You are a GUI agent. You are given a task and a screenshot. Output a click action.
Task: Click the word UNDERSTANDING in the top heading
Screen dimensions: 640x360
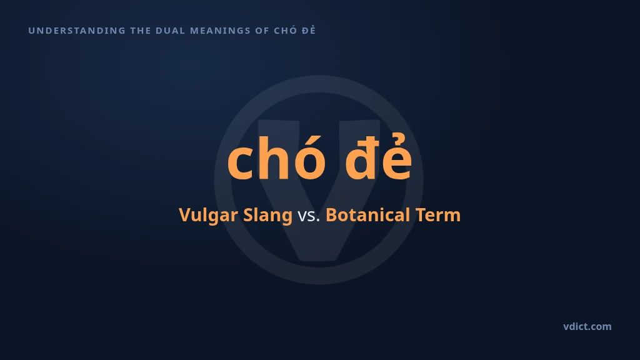(x=77, y=31)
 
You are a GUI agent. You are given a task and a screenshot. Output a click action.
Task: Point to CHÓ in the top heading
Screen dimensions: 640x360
(x=286, y=30)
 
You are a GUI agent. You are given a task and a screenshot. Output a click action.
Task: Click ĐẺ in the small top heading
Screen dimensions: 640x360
(x=309, y=30)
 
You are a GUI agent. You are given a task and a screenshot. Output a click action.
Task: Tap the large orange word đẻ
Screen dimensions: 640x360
(x=378, y=156)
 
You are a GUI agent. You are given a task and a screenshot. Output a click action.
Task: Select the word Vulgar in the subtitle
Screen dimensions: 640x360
(x=208, y=216)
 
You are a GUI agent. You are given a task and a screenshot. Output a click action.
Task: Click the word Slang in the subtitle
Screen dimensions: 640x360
(x=267, y=216)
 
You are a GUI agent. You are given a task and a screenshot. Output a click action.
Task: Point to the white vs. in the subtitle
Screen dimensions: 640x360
(x=309, y=216)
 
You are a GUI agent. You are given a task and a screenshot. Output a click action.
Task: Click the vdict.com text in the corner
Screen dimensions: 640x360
(x=587, y=326)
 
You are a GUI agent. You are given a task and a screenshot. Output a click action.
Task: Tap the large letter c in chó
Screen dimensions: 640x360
(x=239, y=164)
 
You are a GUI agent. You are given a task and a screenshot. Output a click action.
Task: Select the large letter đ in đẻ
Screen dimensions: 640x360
(x=360, y=158)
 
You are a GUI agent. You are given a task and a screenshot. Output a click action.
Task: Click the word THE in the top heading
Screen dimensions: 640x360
(x=141, y=31)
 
